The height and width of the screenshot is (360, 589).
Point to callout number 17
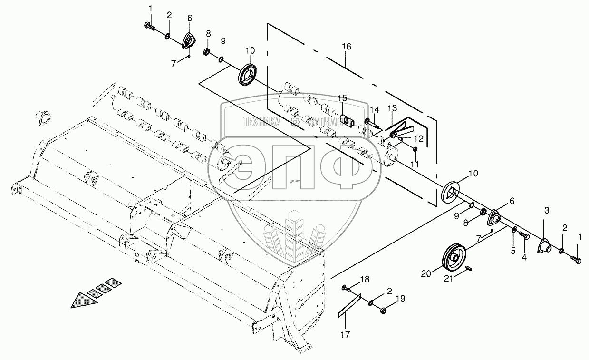coord(345,334)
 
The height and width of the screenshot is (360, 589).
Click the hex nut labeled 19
coord(383,310)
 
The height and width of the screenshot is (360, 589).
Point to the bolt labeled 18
coord(346,288)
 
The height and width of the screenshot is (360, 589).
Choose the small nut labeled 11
coord(415,150)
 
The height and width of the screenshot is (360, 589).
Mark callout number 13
coord(392,108)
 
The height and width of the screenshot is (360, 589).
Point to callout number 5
coord(513,251)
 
